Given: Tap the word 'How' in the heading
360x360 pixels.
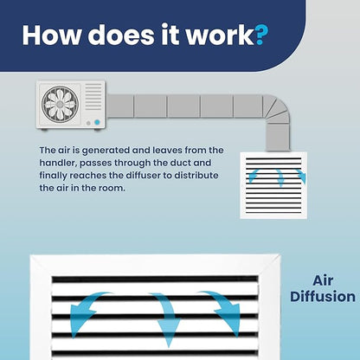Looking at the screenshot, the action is pyautogui.click(x=51, y=35).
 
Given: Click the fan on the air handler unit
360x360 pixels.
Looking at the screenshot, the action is pyautogui.click(x=60, y=104).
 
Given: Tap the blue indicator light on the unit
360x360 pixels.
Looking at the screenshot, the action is pyautogui.click(x=97, y=122).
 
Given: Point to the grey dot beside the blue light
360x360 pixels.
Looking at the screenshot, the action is pyautogui.click(x=88, y=123).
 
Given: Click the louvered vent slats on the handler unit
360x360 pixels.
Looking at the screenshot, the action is pyautogui.click(x=93, y=97).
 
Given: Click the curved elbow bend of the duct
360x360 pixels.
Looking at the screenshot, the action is pyautogui.click(x=277, y=110).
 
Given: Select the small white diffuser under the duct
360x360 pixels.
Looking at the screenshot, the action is pyautogui.click(x=273, y=185).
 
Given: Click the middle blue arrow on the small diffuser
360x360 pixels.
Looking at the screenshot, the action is pyautogui.click(x=280, y=177).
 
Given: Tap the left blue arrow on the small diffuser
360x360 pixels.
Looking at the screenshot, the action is pyautogui.click(x=253, y=176).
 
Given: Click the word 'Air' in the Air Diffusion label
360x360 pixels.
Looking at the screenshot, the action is pyautogui.click(x=323, y=280).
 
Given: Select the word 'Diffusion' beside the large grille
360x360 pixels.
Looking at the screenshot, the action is pyautogui.click(x=323, y=297).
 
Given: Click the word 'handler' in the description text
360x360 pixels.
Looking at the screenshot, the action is pyautogui.click(x=58, y=163).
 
